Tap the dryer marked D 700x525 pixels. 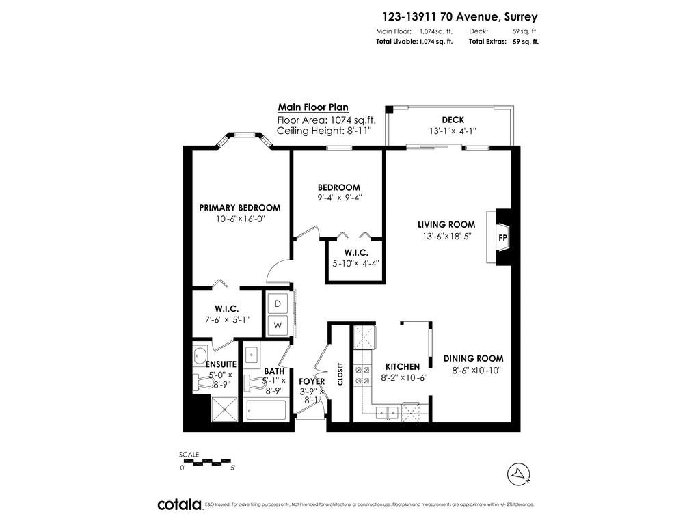point(278,304)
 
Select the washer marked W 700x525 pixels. point(278,325)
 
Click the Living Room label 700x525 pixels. point(446,224)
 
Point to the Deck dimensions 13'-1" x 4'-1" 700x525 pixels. point(453,131)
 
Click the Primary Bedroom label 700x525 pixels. point(240,208)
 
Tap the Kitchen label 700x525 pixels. point(403,366)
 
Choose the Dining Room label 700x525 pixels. point(473,358)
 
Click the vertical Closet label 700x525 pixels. point(340,374)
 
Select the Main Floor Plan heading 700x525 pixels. point(313,107)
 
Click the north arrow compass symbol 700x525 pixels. point(519,474)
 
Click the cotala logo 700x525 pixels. point(180,504)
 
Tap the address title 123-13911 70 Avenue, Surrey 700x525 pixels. point(460,17)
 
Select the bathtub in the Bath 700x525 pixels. point(266,410)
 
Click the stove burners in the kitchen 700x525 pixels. point(362,375)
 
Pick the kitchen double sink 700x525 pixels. point(387,413)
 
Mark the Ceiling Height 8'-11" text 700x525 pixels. point(324,131)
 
